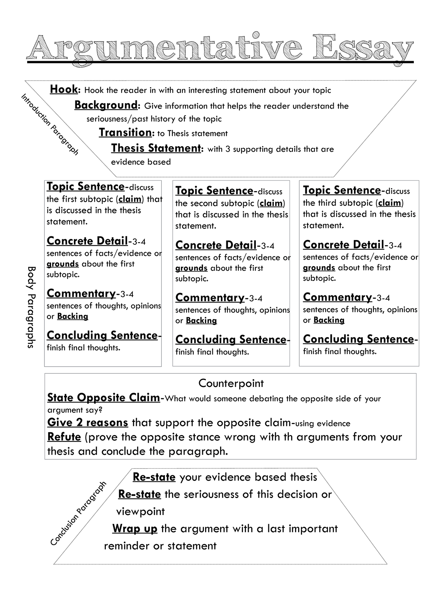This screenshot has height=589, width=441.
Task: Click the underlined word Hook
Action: [64, 89]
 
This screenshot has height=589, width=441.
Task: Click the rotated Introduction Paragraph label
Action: [50, 124]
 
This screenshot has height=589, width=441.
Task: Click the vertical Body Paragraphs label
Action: [32, 307]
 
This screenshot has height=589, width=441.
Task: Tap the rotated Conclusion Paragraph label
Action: [78, 513]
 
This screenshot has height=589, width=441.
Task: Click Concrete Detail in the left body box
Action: [87, 241]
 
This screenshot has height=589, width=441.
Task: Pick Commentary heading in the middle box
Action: [210, 297]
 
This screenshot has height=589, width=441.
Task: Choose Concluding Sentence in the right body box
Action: [358, 339]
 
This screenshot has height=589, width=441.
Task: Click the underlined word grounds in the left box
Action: [62, 264]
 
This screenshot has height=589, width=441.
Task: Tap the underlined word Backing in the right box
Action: [329, 320]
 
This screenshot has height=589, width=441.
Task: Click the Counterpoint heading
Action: [231, 383]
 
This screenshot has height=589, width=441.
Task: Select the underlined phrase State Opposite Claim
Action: [103, 398]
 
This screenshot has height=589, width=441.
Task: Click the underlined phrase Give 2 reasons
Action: [87, 422]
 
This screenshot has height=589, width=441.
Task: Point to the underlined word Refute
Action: [64, 437]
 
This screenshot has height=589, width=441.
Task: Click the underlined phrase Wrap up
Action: [135, 529]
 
